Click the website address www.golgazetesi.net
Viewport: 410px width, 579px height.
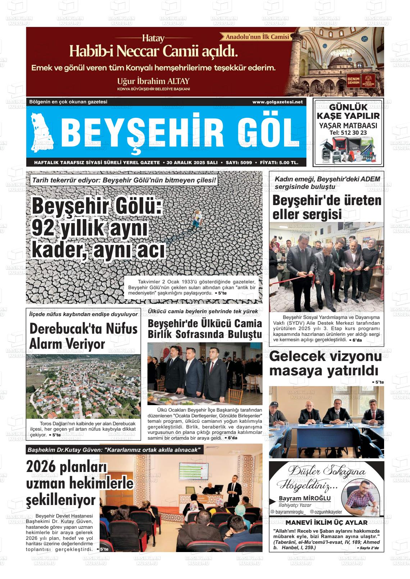(x=277, y=102)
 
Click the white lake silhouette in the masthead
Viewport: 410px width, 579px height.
(x=42, y=131)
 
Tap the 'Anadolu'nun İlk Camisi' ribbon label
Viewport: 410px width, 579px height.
(x=257, y=37)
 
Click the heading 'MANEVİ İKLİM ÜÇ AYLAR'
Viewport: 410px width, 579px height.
(x=326, y=523)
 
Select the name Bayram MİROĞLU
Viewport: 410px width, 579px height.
(x=304, y=498)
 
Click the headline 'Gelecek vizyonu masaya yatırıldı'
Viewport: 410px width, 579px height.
(x=325, y=364)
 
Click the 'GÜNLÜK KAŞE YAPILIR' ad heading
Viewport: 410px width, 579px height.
(x=348, y=111)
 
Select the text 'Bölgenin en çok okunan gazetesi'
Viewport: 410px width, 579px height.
(x=68, y=102)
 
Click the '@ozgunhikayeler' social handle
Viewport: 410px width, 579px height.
(x=326, y=512)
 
